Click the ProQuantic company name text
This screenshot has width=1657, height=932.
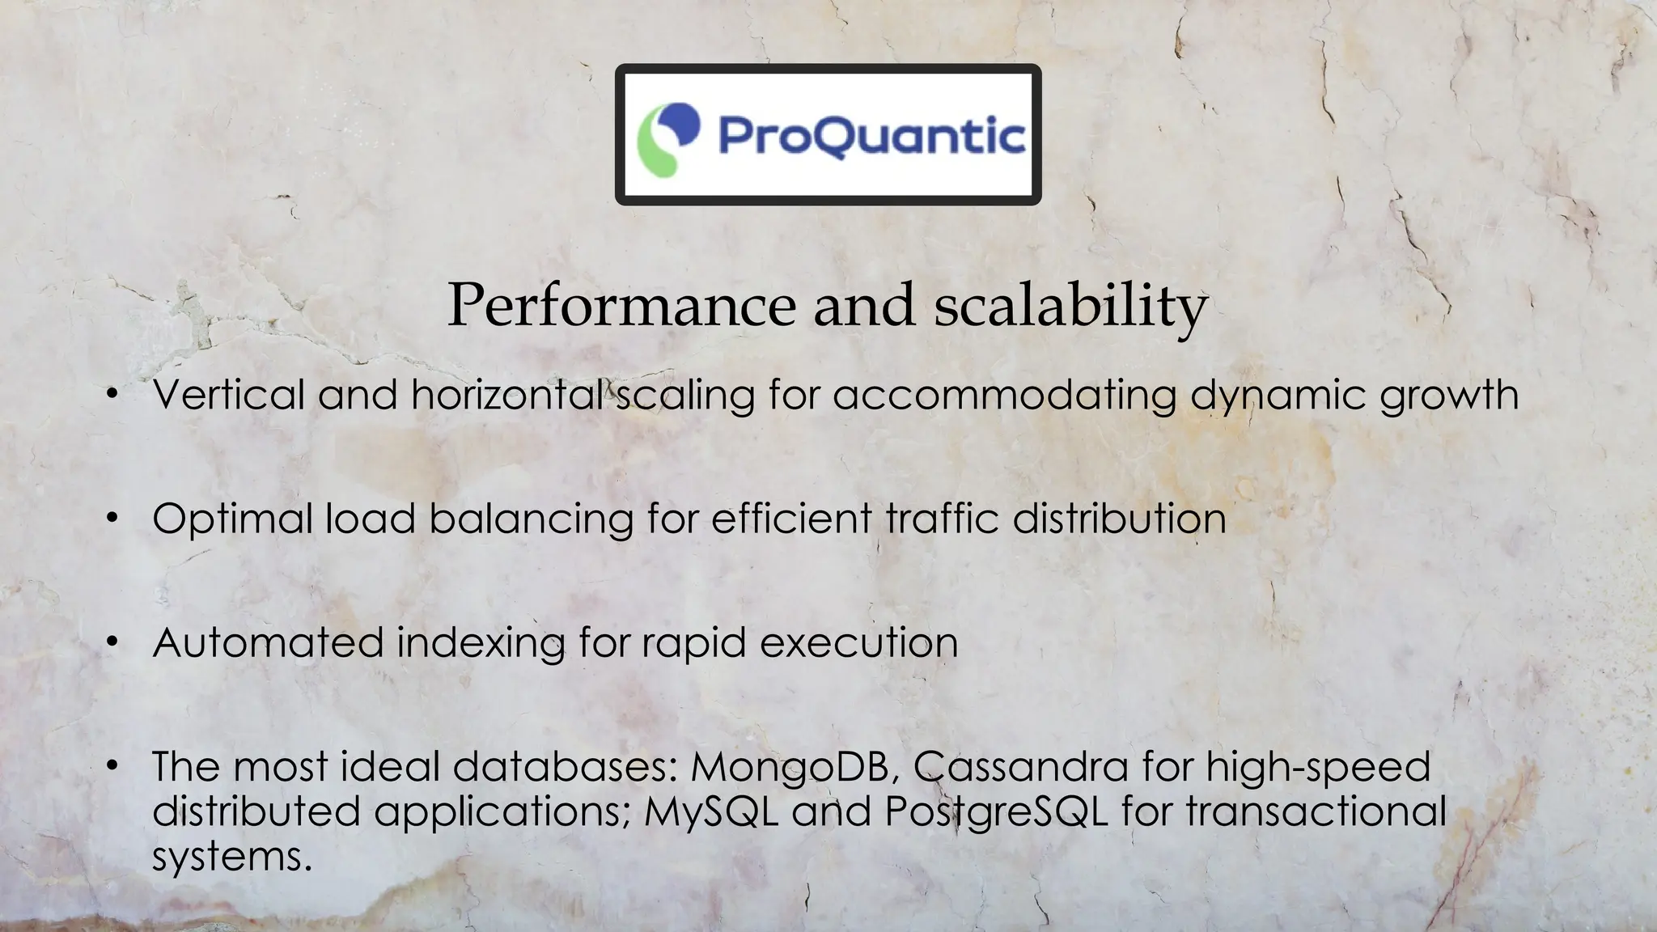[871, 135]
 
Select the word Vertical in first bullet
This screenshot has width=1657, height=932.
[228, 395]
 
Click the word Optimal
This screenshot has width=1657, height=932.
[232, 519]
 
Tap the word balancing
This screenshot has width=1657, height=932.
[531, 519]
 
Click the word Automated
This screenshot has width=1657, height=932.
[268, 643]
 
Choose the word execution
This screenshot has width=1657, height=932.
[858, 643]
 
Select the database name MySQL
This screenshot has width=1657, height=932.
[711, 811]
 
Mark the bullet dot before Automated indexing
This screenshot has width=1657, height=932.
[112, 643]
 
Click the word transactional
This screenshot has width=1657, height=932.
[1316, 811]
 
